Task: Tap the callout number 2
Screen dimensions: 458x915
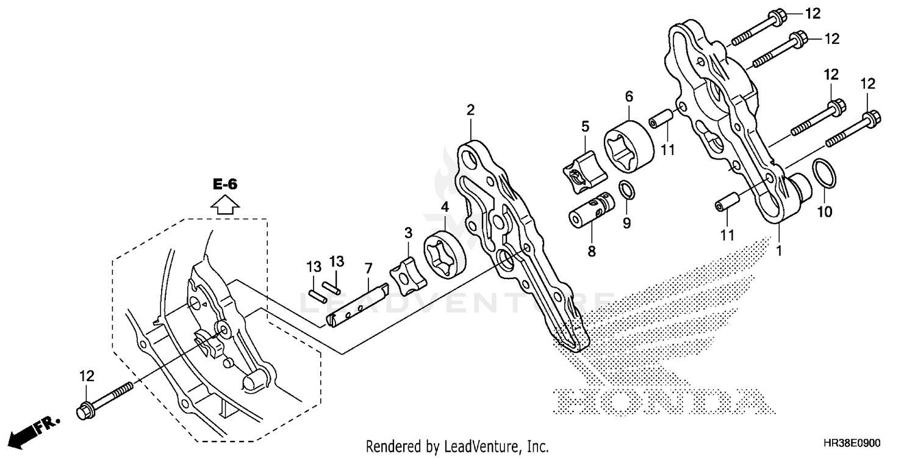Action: coord(470,110)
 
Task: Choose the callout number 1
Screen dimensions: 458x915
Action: coord(778,250)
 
